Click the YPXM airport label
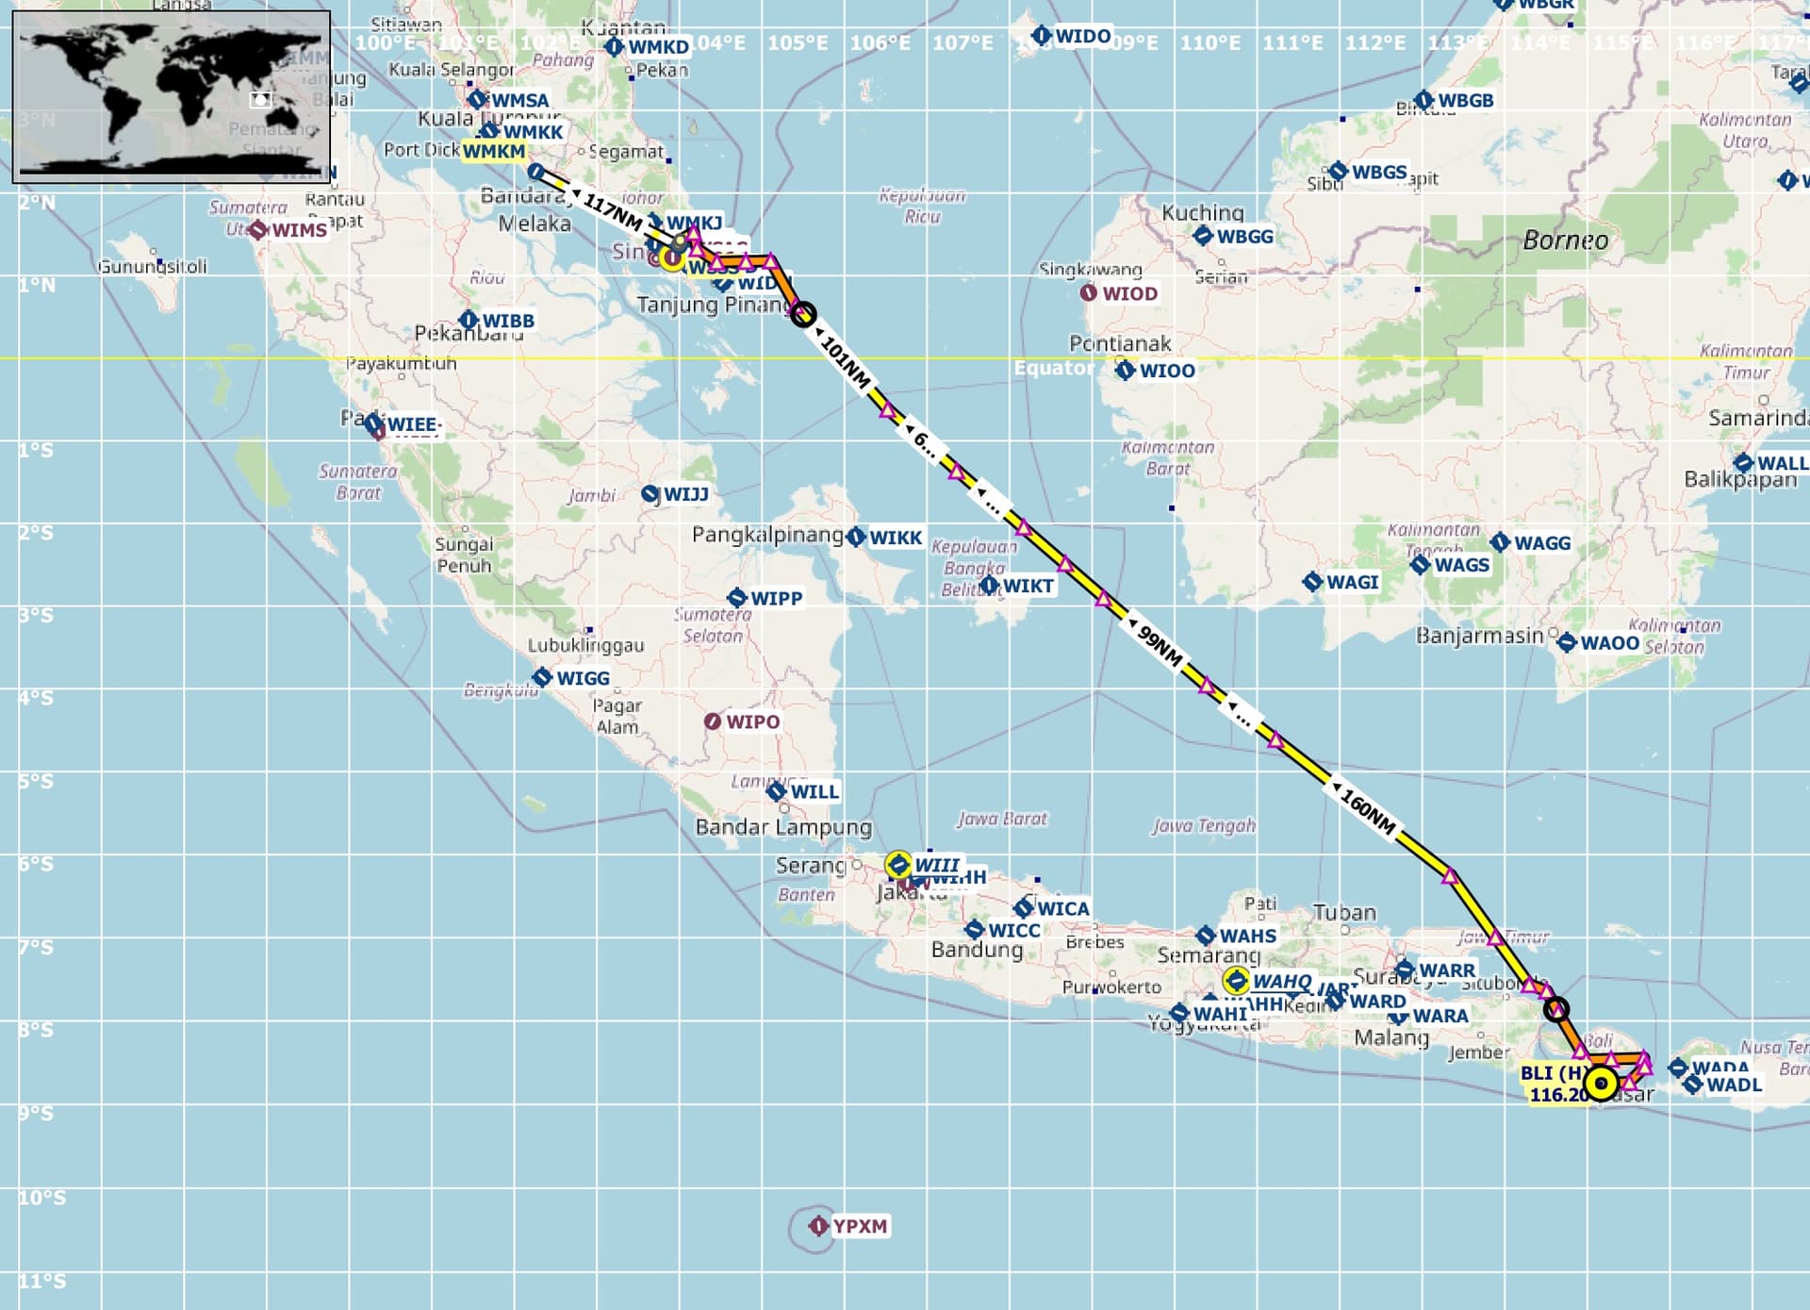[859, 1226]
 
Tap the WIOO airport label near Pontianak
[1166, 371]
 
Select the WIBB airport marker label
[507, 321]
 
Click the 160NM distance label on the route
[1368, 812]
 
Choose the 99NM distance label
[1160, 646]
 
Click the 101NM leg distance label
[845, 361]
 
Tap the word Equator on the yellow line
[1053, 368]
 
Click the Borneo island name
[1565, 240]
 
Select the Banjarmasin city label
[1479, 636]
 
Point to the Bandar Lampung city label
[782, 827]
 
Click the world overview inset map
[172, 96]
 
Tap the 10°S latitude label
[42, 1197]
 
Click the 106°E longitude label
[880, 43]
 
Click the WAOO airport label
[1609, 643]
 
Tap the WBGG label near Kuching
[1243, 237]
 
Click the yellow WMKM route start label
[493, 151]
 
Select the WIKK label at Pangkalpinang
[895, 538]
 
